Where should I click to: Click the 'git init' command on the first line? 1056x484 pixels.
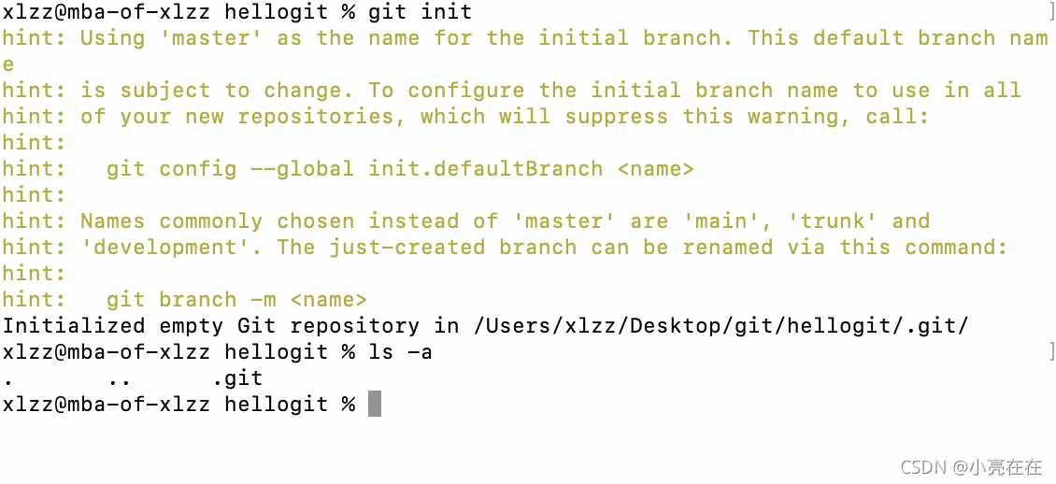420,12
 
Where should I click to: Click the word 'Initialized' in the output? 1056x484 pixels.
73,326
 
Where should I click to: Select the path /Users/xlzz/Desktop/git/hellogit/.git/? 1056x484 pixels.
721,326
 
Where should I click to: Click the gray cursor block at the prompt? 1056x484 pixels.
374,404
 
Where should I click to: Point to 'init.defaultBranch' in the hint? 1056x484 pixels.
485,169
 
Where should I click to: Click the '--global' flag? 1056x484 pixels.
302,169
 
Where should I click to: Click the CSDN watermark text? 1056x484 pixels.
971,467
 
